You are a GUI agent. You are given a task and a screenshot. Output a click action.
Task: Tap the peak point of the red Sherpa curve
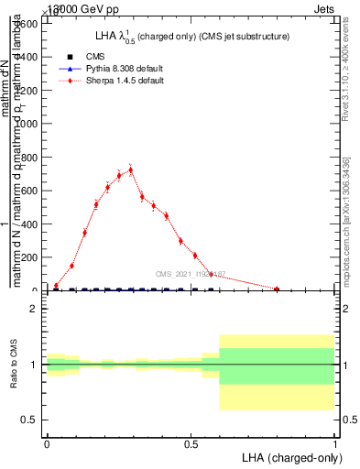(131, 169)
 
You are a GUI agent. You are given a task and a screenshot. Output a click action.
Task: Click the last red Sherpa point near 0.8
(277, 289)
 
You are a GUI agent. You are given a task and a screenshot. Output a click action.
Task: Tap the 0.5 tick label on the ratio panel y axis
(27, 420)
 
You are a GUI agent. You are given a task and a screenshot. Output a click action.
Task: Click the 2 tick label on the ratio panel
(32, 309)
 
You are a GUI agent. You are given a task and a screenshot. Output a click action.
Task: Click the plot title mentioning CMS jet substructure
(192, 36)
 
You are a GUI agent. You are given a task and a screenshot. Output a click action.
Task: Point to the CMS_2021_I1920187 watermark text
(191, 274)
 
